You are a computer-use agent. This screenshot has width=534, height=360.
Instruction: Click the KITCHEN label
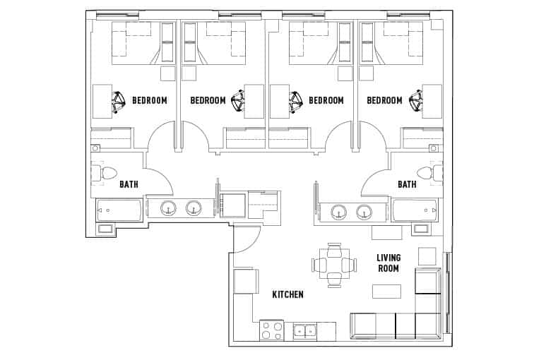pyautogui.click(x=288, y=294)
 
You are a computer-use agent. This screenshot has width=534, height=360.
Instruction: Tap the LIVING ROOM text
pyautogui.click(x=388, y=263)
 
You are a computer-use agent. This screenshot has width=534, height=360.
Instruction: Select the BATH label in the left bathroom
pyautogui.click(x=129, y=185)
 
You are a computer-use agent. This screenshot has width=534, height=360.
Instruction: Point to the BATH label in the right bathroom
pyautogui.click(x=407, y=185)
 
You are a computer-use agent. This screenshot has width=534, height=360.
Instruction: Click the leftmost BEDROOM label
pyautogui.click(x=150, y=101)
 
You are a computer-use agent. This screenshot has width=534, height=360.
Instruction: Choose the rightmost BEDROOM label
pyautogui.click(x=384, y=101)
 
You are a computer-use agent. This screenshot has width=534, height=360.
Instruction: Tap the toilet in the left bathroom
pyautogui.click(x=107, y=173)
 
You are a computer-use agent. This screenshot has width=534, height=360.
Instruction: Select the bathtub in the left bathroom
pyautogui.click(x=119, y=210)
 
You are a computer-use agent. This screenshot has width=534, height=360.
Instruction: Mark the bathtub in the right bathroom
pyautogui.click(x=415, y=210)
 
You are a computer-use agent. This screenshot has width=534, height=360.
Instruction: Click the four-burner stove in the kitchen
pyautogui.click(x=271, y=330)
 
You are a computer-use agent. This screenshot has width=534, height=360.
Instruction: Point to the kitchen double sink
pyautogui.click(x=304, y=330)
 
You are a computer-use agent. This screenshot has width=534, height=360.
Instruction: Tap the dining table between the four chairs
pyautogui.click(x=334, y=265)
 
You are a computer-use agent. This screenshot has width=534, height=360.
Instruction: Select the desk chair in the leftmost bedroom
pyautogui.click(x=119, y=102)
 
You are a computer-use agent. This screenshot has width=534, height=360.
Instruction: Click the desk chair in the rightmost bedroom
pyautogui.click(x=416, y=102)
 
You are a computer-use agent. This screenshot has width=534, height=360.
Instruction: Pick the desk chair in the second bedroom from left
pyautogui.click(x=239, y=102)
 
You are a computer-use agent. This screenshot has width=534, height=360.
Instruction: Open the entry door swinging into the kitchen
pyautogui.click(x=244, y=240)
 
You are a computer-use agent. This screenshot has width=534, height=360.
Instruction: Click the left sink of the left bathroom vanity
pyautogui.click(x=169, y=208)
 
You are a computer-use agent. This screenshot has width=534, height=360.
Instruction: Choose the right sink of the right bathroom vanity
pyautogui.click(x=364, y=211)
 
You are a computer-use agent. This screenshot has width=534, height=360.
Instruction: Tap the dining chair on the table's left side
pyautogui.click(x=319, y=265)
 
